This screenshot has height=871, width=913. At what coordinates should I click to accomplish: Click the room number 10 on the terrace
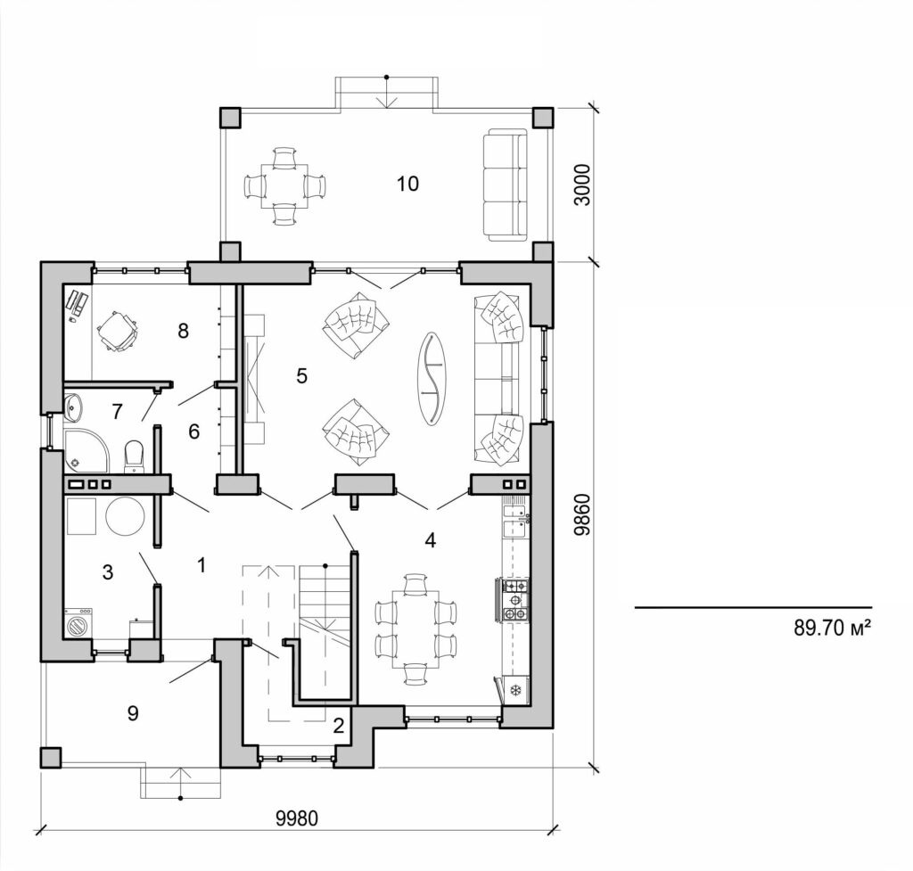click(x=407, y=184)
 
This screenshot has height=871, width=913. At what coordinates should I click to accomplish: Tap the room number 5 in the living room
click(x=301, y=376)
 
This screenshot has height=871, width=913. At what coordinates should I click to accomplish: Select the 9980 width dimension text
click(x=298, y=818)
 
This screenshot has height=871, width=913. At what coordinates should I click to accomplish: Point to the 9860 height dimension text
click(x=583, y=514)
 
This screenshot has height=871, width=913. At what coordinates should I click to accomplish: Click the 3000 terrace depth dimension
click(x=583, y=185)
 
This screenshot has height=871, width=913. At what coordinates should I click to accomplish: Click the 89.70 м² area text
click(x=831, y=628)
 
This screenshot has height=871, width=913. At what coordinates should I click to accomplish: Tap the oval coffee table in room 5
click(x=433, y=378)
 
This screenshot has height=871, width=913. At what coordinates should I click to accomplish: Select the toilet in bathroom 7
click(x=135, y=455)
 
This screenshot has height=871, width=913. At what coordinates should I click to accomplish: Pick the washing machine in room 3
click(x=78, y=622)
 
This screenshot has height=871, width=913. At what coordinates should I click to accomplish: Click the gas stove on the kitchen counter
click(x=516, y=600)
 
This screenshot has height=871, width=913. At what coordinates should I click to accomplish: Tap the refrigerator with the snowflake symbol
click(x=515, y=689)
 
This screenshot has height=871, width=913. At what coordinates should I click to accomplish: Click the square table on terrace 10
click(x=285, y=186)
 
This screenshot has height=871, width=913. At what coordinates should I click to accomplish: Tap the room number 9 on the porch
click(x=133, y=713)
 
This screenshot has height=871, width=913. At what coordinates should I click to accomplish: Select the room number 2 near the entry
click(x=338, y=725)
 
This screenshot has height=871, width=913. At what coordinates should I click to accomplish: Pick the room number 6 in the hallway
click(x=193, y=431)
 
